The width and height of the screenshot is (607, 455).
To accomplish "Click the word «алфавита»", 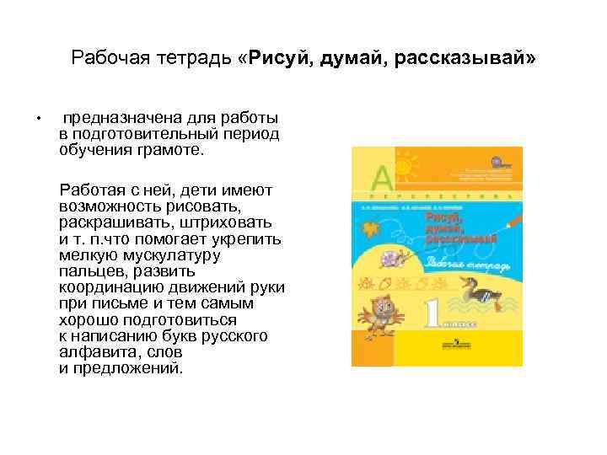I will pos(94,351).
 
